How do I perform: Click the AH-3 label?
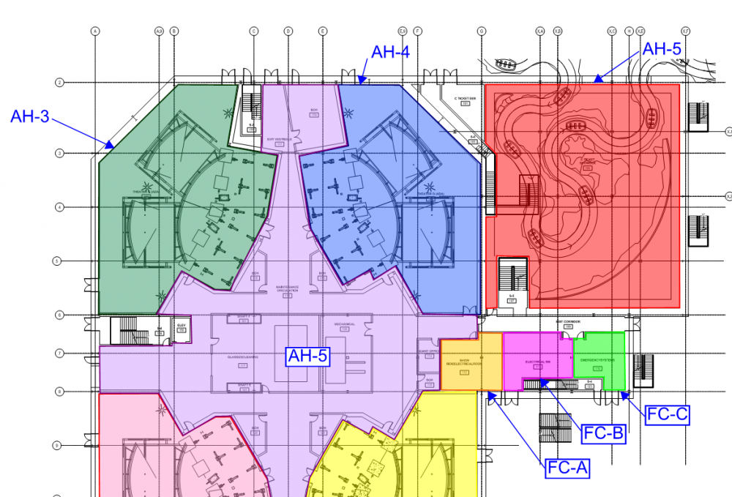[29, 116]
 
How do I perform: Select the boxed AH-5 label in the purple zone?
[307, 356]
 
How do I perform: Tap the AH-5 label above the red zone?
[662, 49]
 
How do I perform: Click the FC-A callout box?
[567, 468]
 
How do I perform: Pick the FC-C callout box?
[667, 414]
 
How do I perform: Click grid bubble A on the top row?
[94, 31]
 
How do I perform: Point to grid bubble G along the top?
[482, 31]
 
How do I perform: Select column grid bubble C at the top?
[253, 31]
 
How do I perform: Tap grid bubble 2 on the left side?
[60, 83]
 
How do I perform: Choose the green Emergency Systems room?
[599, 360]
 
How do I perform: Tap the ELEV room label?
[181, 327]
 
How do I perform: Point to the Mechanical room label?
[345, 324]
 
